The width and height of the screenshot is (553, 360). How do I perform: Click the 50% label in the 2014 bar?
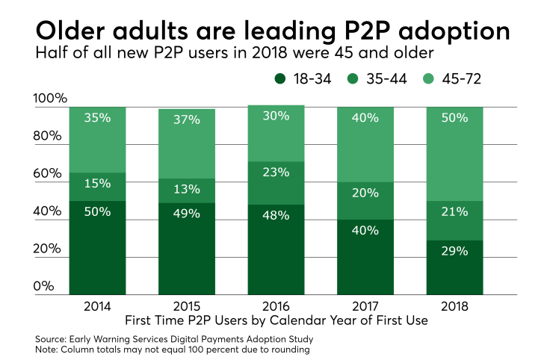click(98, 212)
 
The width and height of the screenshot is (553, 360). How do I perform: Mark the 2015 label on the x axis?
click(186, 308)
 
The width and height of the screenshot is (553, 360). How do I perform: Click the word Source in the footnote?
click(51, 339)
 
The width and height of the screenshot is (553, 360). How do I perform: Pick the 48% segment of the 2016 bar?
click(276, 250)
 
